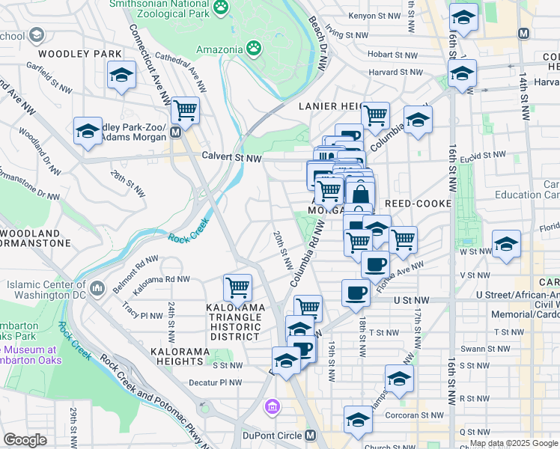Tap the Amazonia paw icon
255,49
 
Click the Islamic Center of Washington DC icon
97,287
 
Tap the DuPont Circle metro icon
310,436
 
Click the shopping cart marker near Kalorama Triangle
237,287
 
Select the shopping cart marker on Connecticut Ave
185,111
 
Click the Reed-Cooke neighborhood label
418,204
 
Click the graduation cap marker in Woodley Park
121,75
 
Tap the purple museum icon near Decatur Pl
273,407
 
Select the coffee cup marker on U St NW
356,293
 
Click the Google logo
25,440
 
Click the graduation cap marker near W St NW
506,245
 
